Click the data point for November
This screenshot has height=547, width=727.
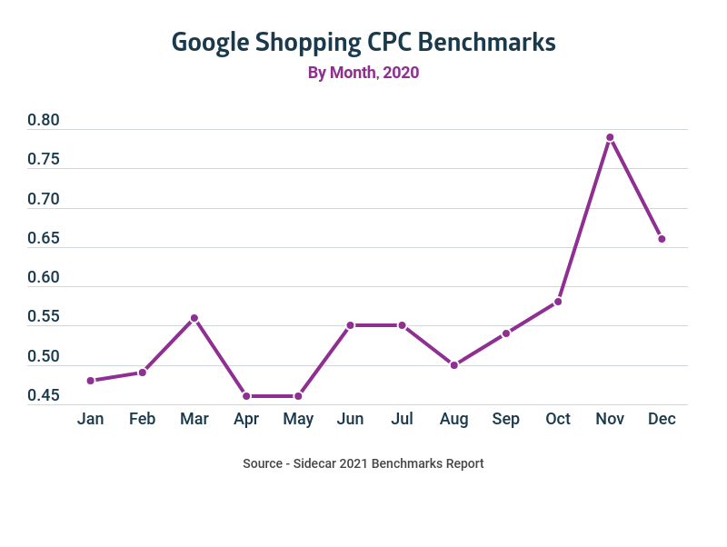pos(610,137)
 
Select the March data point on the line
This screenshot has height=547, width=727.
pos(194,318)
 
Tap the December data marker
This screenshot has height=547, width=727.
pos(662,239)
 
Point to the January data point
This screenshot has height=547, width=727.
pos(91,381)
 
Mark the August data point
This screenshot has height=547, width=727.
pos(454,365)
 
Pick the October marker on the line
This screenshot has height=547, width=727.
pos(558,302)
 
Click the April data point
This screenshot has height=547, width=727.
pos(246,396)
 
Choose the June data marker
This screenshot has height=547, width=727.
pos(350,325)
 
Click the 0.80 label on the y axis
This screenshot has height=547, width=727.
pos(44,121)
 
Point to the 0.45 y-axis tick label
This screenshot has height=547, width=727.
pos(44,396)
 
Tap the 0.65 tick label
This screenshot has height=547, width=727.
pos(44,239)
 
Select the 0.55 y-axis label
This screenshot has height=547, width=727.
pos(44,317)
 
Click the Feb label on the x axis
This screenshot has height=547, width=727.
pos(143,419)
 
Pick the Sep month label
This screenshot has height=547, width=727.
pos(506,419)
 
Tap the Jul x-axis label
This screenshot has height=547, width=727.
pos(403,419)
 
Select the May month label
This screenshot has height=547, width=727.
pos(298,419)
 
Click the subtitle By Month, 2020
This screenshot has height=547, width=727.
pos(363,73)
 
